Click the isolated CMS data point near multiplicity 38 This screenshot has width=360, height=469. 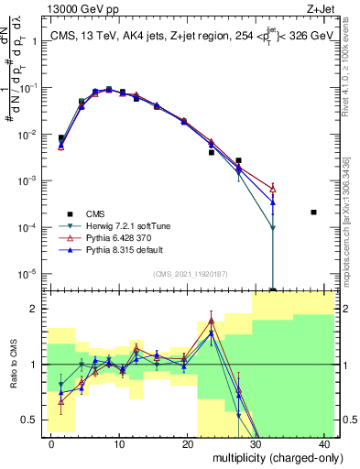pyautogui.click(x=313, y=213)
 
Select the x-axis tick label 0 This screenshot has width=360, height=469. pyautogui.click(x=50, y=444)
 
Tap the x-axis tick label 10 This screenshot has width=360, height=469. pyautogui.click(x=119, y=444)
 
